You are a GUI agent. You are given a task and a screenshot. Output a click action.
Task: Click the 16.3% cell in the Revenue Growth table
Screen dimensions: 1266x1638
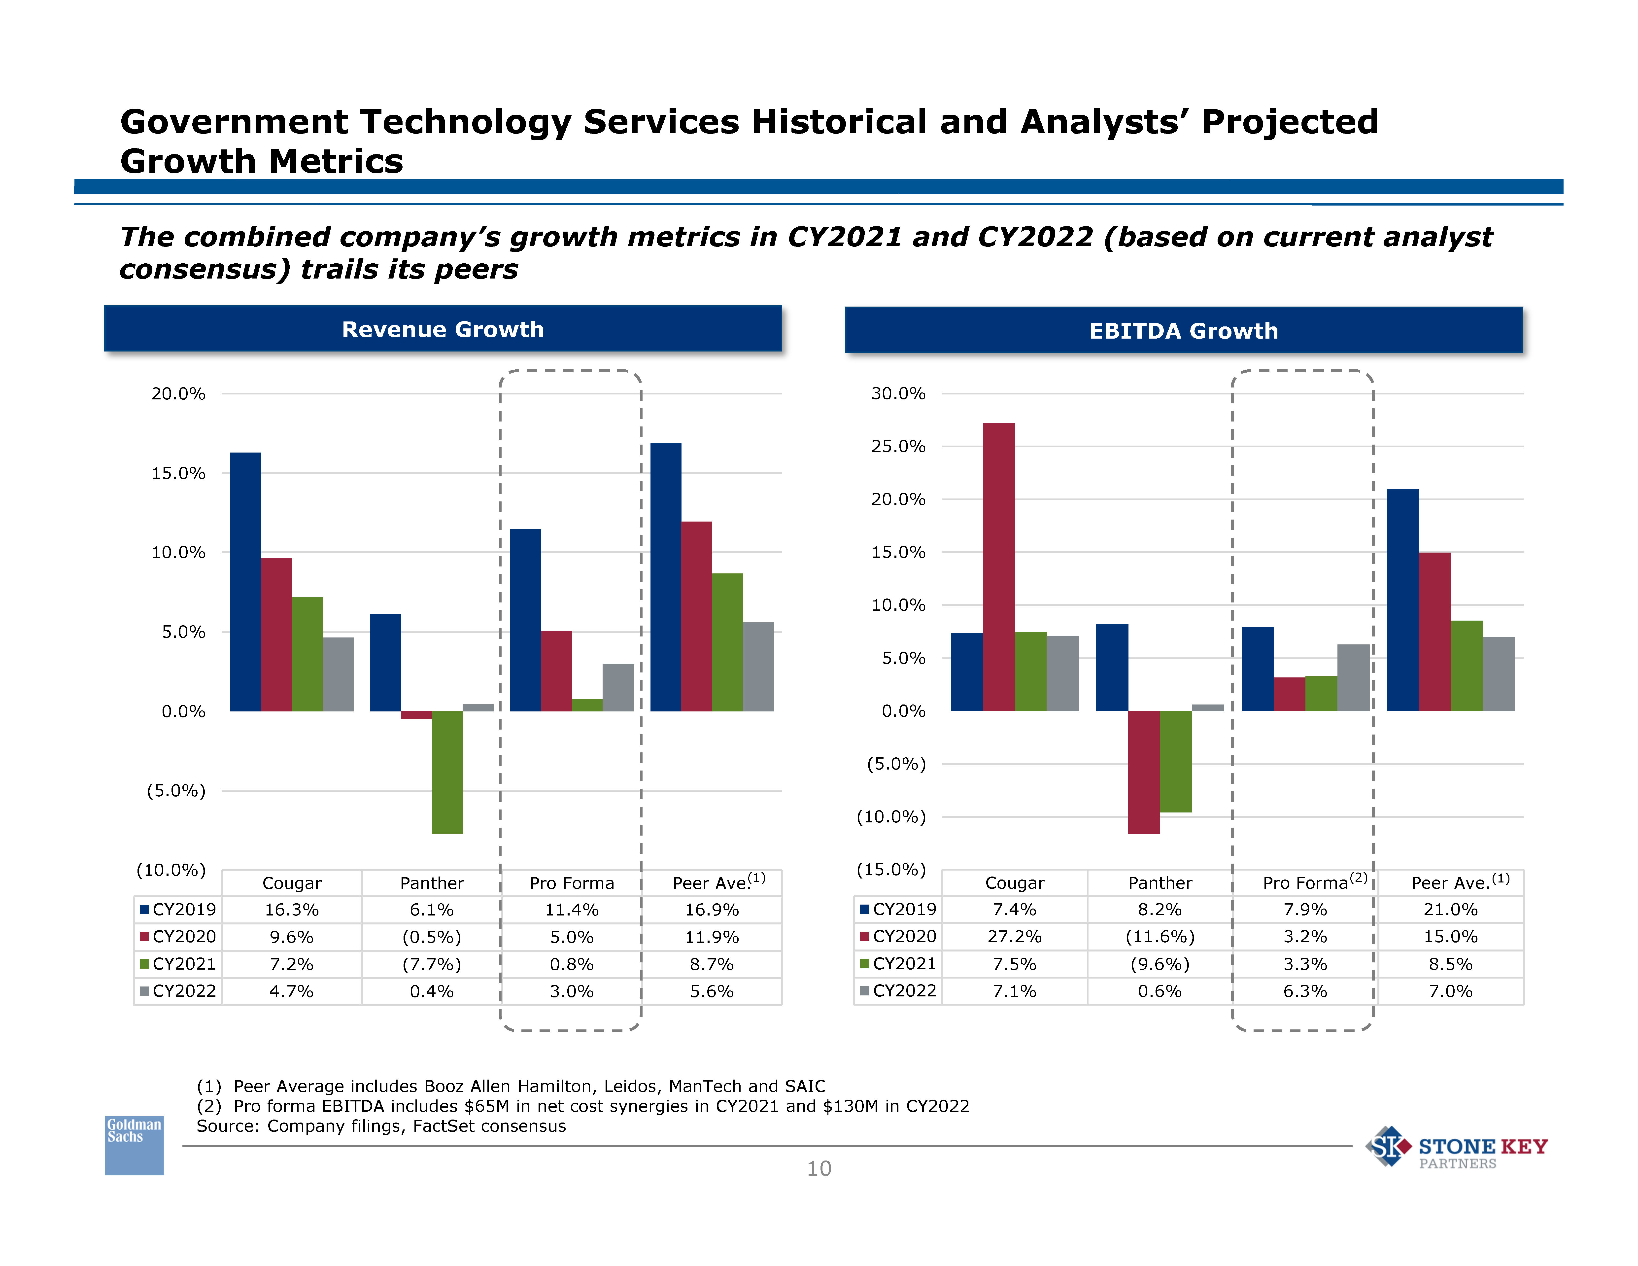(x=292, y=910)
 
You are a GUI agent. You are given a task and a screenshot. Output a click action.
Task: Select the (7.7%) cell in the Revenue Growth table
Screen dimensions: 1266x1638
(x=432, y=964)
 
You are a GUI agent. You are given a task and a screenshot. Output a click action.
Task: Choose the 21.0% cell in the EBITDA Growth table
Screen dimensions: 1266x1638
(x=1451, y=910)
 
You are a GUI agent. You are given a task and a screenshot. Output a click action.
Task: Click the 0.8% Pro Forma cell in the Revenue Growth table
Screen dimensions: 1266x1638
(x=572, y=964)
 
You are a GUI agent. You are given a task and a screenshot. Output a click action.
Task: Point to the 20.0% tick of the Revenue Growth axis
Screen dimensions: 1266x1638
(x=178, y=394)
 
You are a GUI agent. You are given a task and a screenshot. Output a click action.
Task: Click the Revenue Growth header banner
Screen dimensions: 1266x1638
(x=443, y=329)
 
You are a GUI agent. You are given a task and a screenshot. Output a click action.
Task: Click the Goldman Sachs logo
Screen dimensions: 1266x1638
(x=134, y=1145)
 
